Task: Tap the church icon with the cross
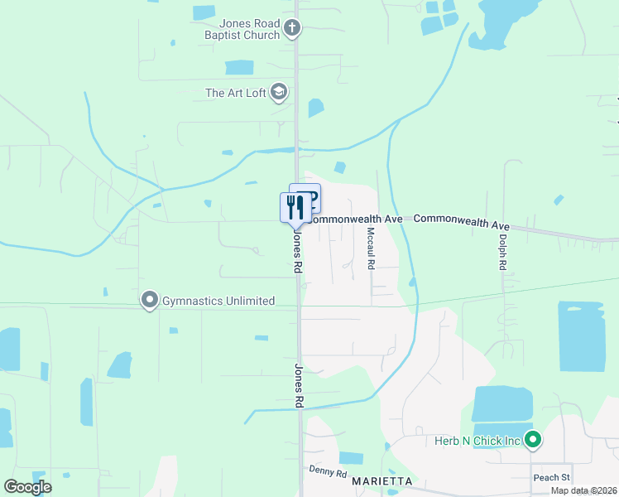291,29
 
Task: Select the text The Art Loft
235,93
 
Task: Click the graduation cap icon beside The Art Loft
279,92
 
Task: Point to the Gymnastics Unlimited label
218,301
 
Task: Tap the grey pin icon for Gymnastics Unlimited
149,300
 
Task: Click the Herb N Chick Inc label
477,441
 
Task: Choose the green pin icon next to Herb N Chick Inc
533,440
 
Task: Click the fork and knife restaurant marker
295,207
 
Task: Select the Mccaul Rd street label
371,248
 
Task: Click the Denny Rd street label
328,471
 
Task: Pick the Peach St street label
551,477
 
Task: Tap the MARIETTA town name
381,480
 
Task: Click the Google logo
27,487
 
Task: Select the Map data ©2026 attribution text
584,490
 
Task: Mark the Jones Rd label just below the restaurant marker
295,251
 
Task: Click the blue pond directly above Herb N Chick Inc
502,405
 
